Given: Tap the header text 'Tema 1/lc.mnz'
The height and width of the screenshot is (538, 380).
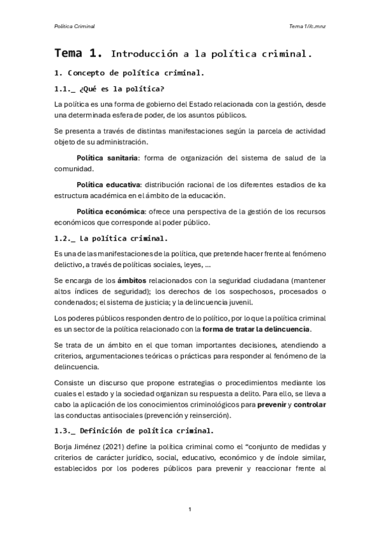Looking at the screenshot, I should pyautogui.click(x=308, y=26).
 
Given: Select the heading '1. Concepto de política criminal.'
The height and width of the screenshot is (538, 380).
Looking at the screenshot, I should pyautogui.click(x=129, y=73).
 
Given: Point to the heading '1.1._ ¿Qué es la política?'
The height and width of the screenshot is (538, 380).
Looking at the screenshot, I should pyautogui.click(x=110, y=89).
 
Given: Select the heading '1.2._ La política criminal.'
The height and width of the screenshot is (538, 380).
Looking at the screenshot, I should pyautogui.click(x=111, y=239).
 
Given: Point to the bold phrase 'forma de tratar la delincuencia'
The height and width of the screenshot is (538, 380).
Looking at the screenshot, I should pyautogui.click(x=256, y=329).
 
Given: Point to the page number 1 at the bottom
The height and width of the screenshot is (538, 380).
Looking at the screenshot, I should pyautogui.click(x=190, y=510).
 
